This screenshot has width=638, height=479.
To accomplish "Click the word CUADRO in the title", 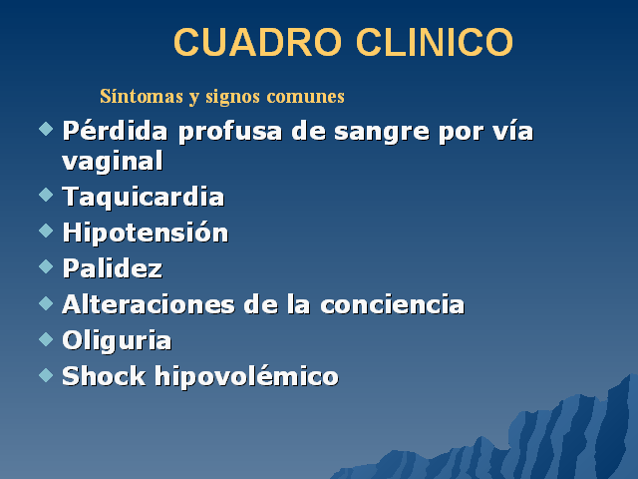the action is tap(257, 42).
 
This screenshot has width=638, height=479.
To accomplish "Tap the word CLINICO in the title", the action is tap(435, 42).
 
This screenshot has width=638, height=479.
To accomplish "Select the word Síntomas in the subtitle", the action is tap(142, 97).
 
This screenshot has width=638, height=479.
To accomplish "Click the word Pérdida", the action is tap(115, 131).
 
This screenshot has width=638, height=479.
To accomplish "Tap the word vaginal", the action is tap(113, 162).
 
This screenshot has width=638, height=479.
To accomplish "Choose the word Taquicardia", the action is tap(144, 198).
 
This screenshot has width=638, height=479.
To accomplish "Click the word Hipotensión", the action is tap(146, 233).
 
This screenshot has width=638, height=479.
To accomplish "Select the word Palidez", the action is tap(113, 268).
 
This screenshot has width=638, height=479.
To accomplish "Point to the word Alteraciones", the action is tap(149, 304).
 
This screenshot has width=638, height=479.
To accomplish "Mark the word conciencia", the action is tap(392, 304).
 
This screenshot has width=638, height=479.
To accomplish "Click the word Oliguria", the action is tap(117, 340).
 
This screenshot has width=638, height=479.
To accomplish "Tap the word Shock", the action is tap(104, 375).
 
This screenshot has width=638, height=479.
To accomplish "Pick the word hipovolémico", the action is tap(246, 376).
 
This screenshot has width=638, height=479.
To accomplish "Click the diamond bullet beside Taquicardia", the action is tap(46, 195).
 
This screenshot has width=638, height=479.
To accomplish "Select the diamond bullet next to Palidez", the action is tap(46, 266).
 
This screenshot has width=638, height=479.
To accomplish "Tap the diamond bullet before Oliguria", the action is tap(46, 339).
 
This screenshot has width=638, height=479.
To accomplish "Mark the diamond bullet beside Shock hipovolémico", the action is tap(46, 375).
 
